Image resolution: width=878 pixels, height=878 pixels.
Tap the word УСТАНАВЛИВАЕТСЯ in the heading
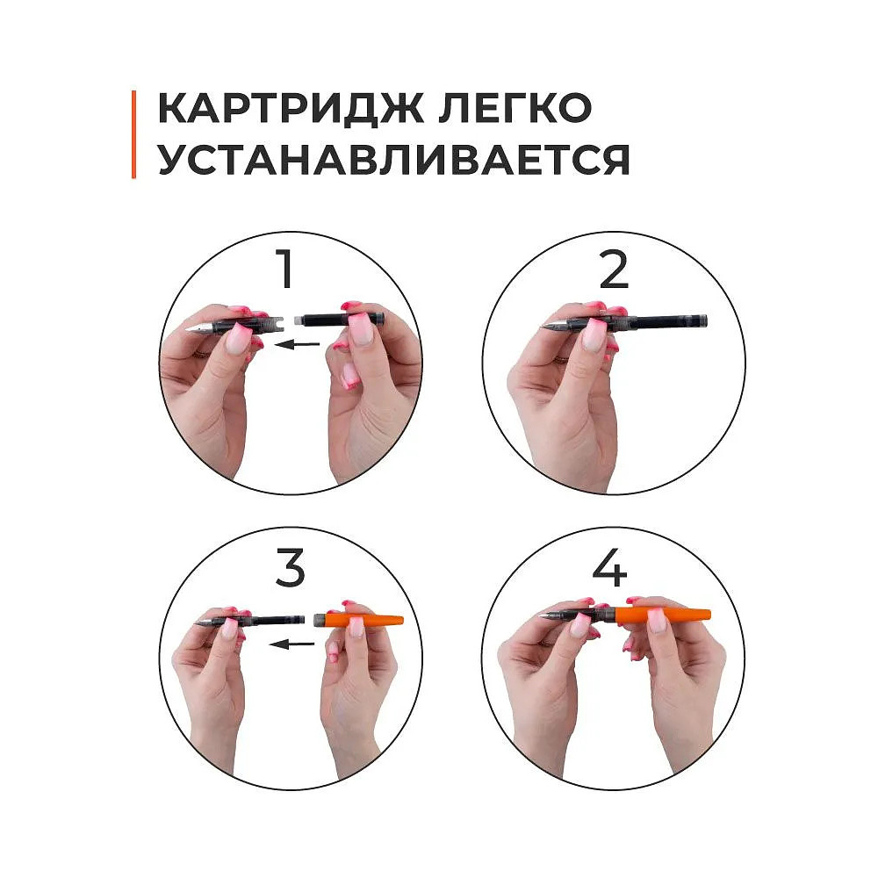pos(393,161)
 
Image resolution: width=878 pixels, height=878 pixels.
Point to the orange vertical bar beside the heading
pos(134,134)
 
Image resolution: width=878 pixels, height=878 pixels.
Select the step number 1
pos(284,270)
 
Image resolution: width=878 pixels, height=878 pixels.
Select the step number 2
pos(614,270)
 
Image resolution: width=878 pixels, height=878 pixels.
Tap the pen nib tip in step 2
pos(545,327)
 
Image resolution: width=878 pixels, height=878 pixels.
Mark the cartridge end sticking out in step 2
pos(689,321)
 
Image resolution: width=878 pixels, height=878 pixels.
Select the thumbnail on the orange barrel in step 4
pos(656,621)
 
